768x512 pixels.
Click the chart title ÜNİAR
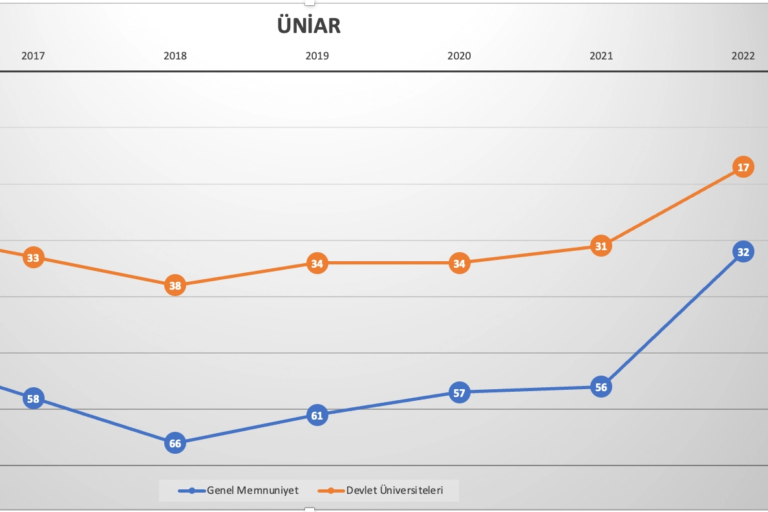[308, 25]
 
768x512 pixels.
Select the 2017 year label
[33, 56]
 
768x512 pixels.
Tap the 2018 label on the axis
[175, 56]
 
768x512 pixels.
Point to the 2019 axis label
[317, 56]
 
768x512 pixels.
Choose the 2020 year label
[459, 56]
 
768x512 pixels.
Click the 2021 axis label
[601, 56]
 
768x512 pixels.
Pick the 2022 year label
[743, 56]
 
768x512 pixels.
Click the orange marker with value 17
[743, 167]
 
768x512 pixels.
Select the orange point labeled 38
[175, 285]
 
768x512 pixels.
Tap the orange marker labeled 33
[33, 258]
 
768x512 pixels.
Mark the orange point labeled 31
[601, 246]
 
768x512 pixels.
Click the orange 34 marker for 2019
[317, 263]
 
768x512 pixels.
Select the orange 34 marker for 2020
[459, 263]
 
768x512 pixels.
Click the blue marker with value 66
[175, 443]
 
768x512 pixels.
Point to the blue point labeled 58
[33, 399]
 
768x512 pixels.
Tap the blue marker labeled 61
[317, 415]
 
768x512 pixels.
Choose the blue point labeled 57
[459, 392]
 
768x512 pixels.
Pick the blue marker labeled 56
[601, 387]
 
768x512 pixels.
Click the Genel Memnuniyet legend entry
[239, 491]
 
